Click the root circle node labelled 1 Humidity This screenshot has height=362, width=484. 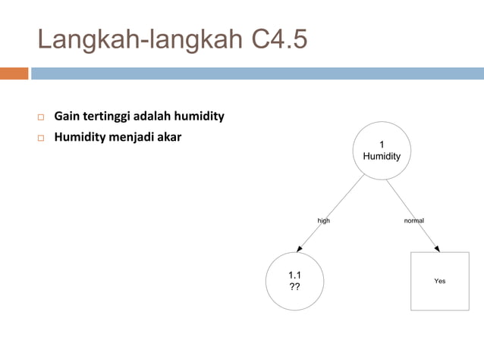382,151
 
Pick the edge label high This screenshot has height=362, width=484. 324,220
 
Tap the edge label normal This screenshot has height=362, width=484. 414,220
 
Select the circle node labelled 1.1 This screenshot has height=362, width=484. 294,281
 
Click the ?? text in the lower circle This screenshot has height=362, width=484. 294,288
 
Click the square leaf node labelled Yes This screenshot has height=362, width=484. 439,281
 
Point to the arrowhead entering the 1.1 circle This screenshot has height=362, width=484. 300,249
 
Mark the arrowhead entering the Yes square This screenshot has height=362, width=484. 436,248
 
